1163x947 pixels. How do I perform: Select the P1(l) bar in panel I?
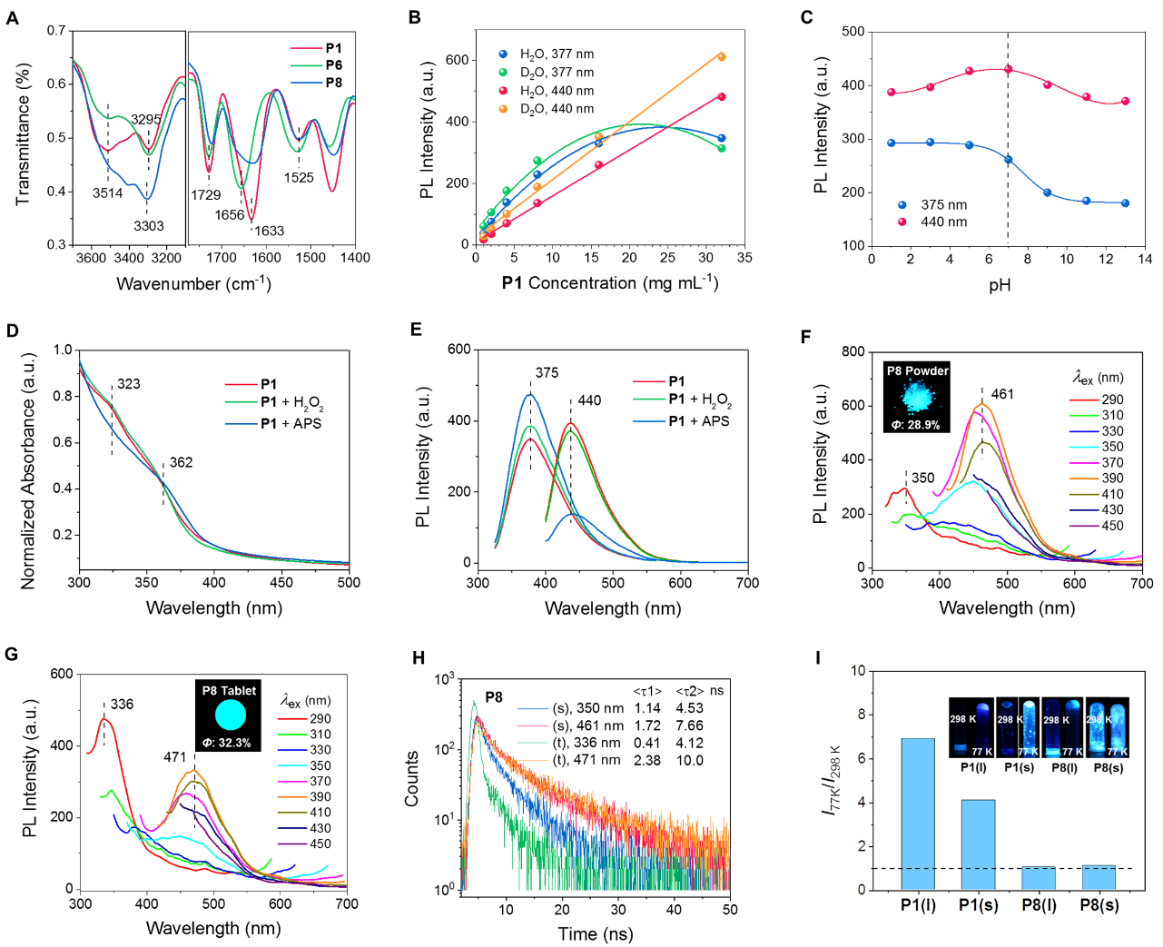(x=918, y=814)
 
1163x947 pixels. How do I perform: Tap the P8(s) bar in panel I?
(x=1099, y=877)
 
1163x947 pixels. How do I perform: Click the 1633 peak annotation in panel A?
(x=269, y=231)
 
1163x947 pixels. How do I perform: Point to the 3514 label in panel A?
(x=107, y=192)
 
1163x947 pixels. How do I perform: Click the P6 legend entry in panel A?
(x=333, y=65)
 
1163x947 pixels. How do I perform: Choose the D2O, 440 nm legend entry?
(x=557, y=109)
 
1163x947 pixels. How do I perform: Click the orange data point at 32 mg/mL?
(x=722, y=57)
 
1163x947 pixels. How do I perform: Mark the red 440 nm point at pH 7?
(x=1008, y=70)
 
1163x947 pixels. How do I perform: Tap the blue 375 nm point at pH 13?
(x=1125, y=203)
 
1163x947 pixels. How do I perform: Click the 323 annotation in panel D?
(x=129, y=384)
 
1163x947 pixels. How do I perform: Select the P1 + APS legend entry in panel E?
(x=698, y=421)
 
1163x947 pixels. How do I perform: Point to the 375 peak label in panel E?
(x=547, y=373)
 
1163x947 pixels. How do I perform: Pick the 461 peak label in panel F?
(x=1002, y=394)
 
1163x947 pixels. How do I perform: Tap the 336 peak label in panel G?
(x=122, y=705)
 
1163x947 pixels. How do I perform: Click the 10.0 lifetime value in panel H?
(x=690, y=761)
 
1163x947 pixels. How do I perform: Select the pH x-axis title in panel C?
(x=1000, y=285)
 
